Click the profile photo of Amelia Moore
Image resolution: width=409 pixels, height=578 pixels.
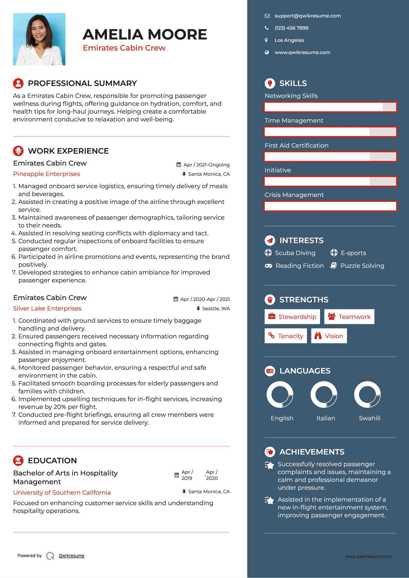pos(39,39)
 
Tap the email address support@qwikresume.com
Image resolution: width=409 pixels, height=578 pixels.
pos(308,16)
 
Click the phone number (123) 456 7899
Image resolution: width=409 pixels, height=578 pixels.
pos(291,28)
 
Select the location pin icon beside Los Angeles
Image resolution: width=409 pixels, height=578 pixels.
pos(266,40)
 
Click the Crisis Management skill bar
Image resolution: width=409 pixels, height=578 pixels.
pos(330,206)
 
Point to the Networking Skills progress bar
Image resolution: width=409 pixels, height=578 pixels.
pos(330,107)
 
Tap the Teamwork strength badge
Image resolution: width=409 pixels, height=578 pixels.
pos(349,317)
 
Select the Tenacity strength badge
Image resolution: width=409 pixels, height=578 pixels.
pos(285,336)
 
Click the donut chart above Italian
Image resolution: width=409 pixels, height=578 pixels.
pos(324,395)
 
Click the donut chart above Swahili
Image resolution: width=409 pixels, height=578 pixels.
pos(367,395)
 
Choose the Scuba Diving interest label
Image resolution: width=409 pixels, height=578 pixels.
pos(295,253)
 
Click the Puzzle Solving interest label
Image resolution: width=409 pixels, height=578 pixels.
pos(362,266)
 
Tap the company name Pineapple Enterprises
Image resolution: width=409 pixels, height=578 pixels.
pos(47,174)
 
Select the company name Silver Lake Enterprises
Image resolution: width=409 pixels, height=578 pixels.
pos(47,308)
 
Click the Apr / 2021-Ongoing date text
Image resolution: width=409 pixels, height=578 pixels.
pos(206,165)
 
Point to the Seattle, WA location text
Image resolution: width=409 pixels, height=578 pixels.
pos(216,309)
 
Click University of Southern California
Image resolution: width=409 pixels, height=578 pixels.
pos(62,493)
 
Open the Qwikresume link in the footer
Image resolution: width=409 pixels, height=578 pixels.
pos(72,556)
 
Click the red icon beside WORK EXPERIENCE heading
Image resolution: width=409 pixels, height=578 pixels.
pos(18,151)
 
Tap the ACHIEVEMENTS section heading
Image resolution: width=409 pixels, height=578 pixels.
pos(312,452)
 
